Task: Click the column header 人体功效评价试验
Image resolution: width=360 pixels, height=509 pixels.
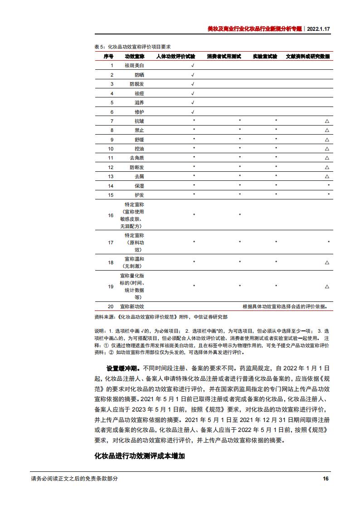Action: coord(175,56)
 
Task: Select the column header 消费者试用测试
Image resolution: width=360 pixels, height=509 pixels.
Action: coord(224,56)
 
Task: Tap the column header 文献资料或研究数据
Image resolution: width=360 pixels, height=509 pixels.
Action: coord(308,56)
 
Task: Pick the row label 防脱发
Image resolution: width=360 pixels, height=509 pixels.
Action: coord(136,84)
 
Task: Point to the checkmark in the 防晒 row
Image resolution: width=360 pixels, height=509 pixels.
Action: coord(193,75)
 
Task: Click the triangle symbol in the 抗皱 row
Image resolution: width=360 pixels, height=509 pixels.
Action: coord(327,121)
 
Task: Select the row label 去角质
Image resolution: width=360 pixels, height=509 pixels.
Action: coord(136,158)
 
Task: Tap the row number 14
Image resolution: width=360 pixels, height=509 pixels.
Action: coord(111,186)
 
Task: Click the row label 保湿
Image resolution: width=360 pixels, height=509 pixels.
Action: coord(139,186)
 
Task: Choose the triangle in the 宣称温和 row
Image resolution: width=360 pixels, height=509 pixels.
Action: coord(327,262)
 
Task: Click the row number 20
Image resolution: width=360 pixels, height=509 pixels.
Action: coord(111,306)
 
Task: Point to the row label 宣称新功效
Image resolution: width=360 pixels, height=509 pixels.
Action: coord(132,306)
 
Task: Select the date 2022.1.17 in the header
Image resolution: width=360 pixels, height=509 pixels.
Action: coord(319,28)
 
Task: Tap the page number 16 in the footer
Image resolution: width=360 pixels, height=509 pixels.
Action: coord(325,479)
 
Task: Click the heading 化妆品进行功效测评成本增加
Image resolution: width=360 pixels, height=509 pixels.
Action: coord(139,456)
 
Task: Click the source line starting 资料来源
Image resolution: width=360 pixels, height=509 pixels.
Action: coord(161,317)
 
